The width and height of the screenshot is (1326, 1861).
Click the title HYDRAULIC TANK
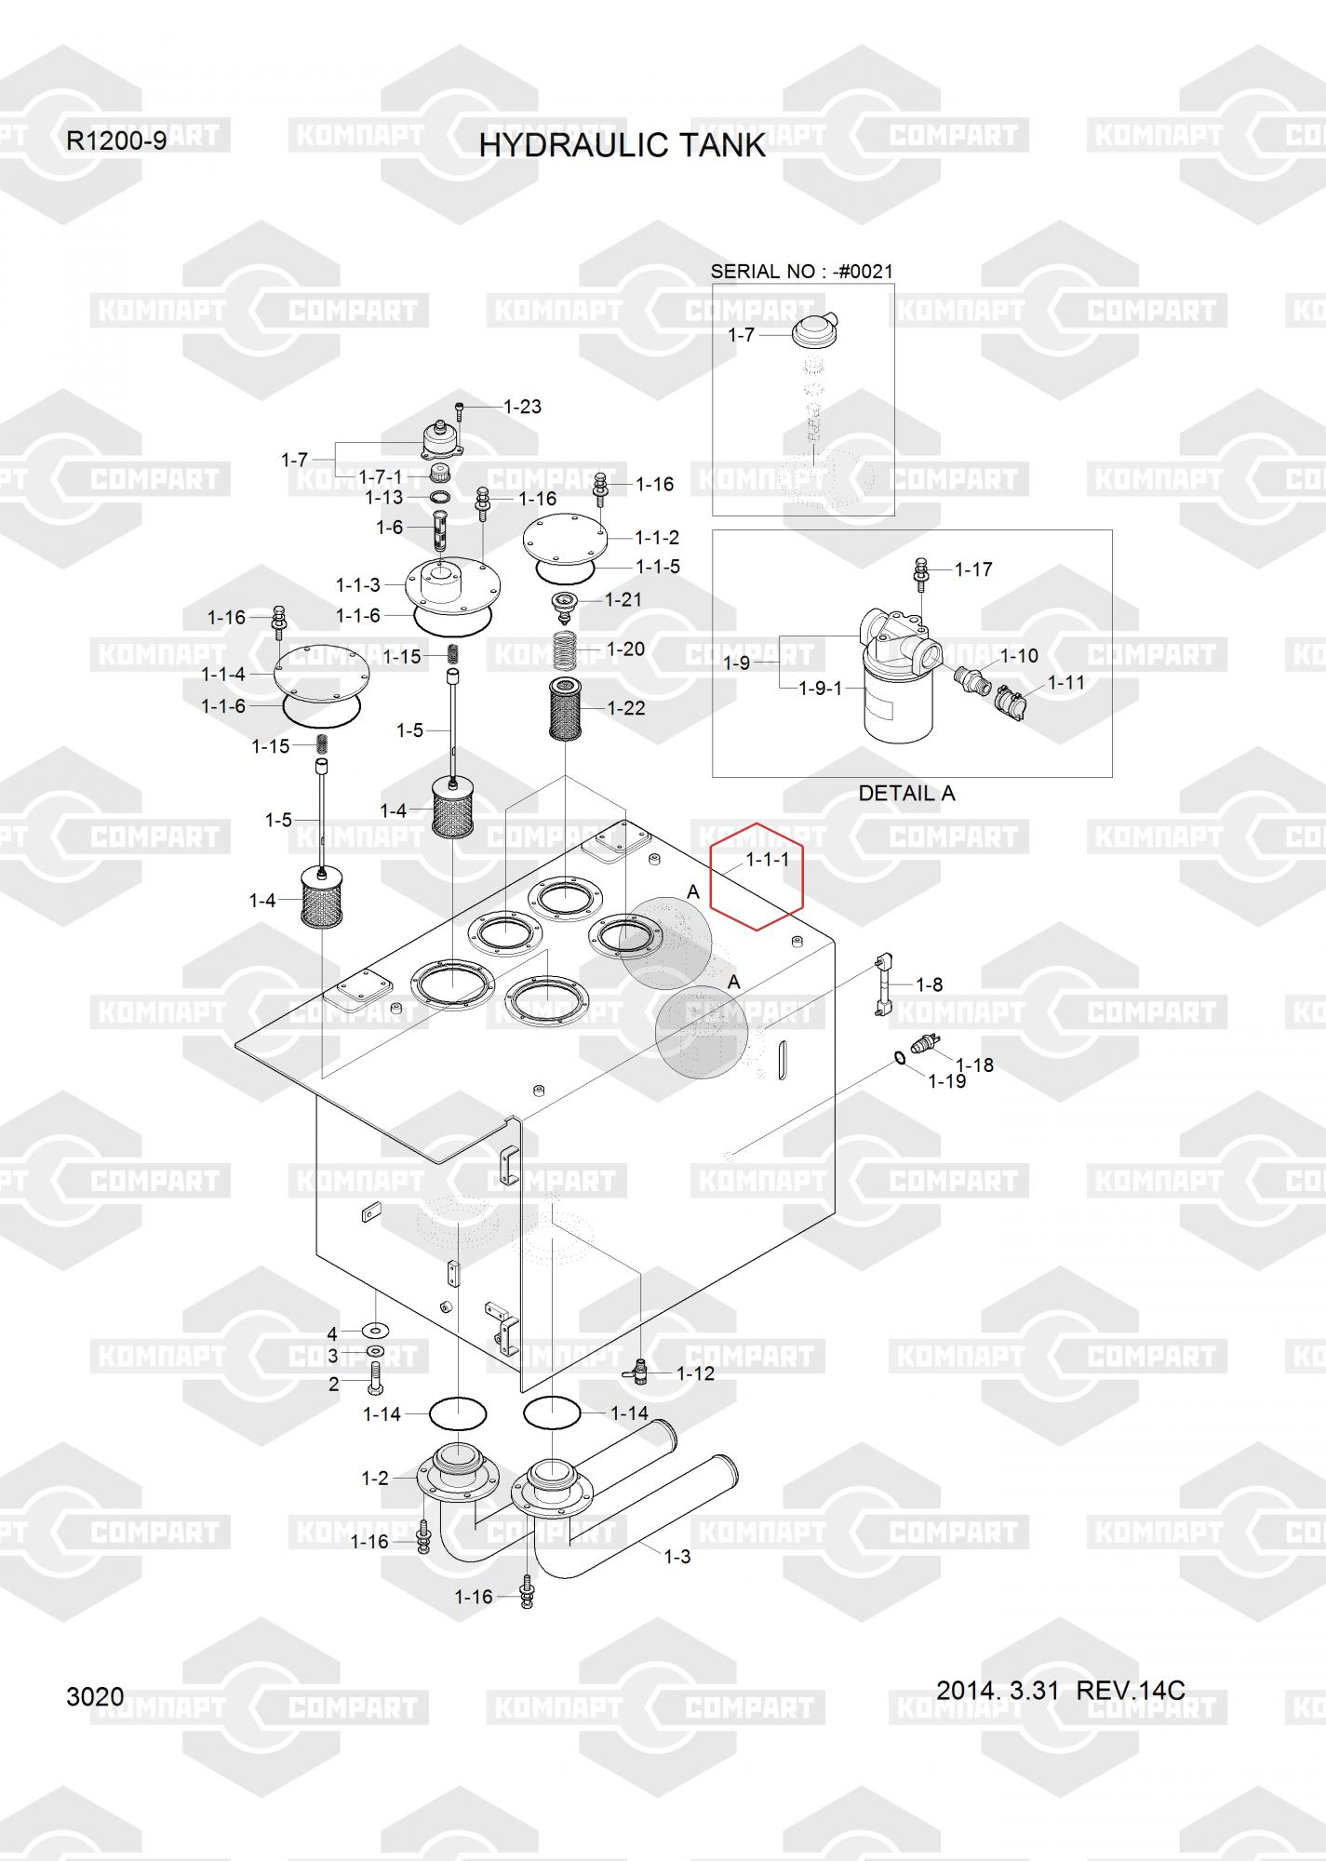pos(622,145)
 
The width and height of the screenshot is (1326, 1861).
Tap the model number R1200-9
pos(116,141)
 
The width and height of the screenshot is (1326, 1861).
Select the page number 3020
pos(95,1696)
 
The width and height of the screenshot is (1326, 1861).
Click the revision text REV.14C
pos(1130,1690)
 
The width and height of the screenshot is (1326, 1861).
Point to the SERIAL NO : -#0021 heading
pos(801,272)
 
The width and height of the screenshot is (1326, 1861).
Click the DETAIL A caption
pos(906,794)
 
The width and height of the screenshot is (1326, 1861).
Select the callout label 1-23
pos(522,407)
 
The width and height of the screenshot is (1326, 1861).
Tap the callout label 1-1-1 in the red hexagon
pos(767,860)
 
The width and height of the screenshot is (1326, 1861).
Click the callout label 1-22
pos(626,708)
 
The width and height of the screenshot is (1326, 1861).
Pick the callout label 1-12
pos(695,1373)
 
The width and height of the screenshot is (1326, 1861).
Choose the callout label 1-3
pos(677,1556)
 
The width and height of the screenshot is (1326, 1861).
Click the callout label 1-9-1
pos(821,689)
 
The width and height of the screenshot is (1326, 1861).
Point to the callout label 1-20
pos(625,649)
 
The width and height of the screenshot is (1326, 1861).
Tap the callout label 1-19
pos(947,1081)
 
